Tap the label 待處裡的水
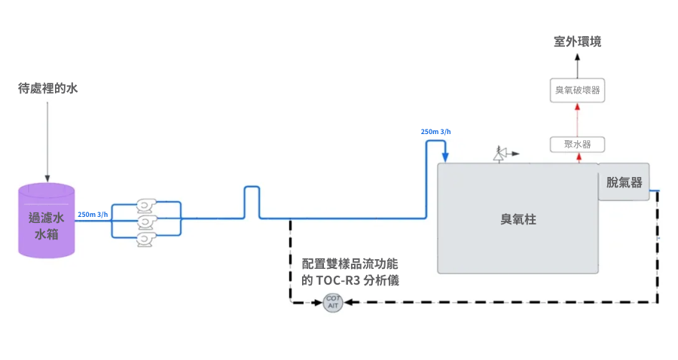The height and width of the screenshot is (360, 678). click(48, 88)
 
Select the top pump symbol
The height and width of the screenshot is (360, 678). click(145, 204)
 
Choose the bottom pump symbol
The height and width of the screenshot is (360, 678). click(145, 239)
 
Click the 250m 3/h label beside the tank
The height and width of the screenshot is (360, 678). click(93, 214)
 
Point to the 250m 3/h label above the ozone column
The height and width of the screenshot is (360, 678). click(435, 132)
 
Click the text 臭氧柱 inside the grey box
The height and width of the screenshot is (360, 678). click(518, 219)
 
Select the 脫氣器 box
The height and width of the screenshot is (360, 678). click(624, 182)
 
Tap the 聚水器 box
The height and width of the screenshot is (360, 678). click(577, 143)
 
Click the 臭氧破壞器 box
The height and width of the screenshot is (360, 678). click(577, 90)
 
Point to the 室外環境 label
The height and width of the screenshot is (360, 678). click(577, 41)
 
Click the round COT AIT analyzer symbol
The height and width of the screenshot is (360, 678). click(333, 303)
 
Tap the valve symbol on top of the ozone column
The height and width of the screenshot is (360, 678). click(499, 155)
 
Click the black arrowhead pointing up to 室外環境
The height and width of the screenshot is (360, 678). click(577, 57)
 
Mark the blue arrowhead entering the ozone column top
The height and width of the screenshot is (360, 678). click(445, 158)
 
